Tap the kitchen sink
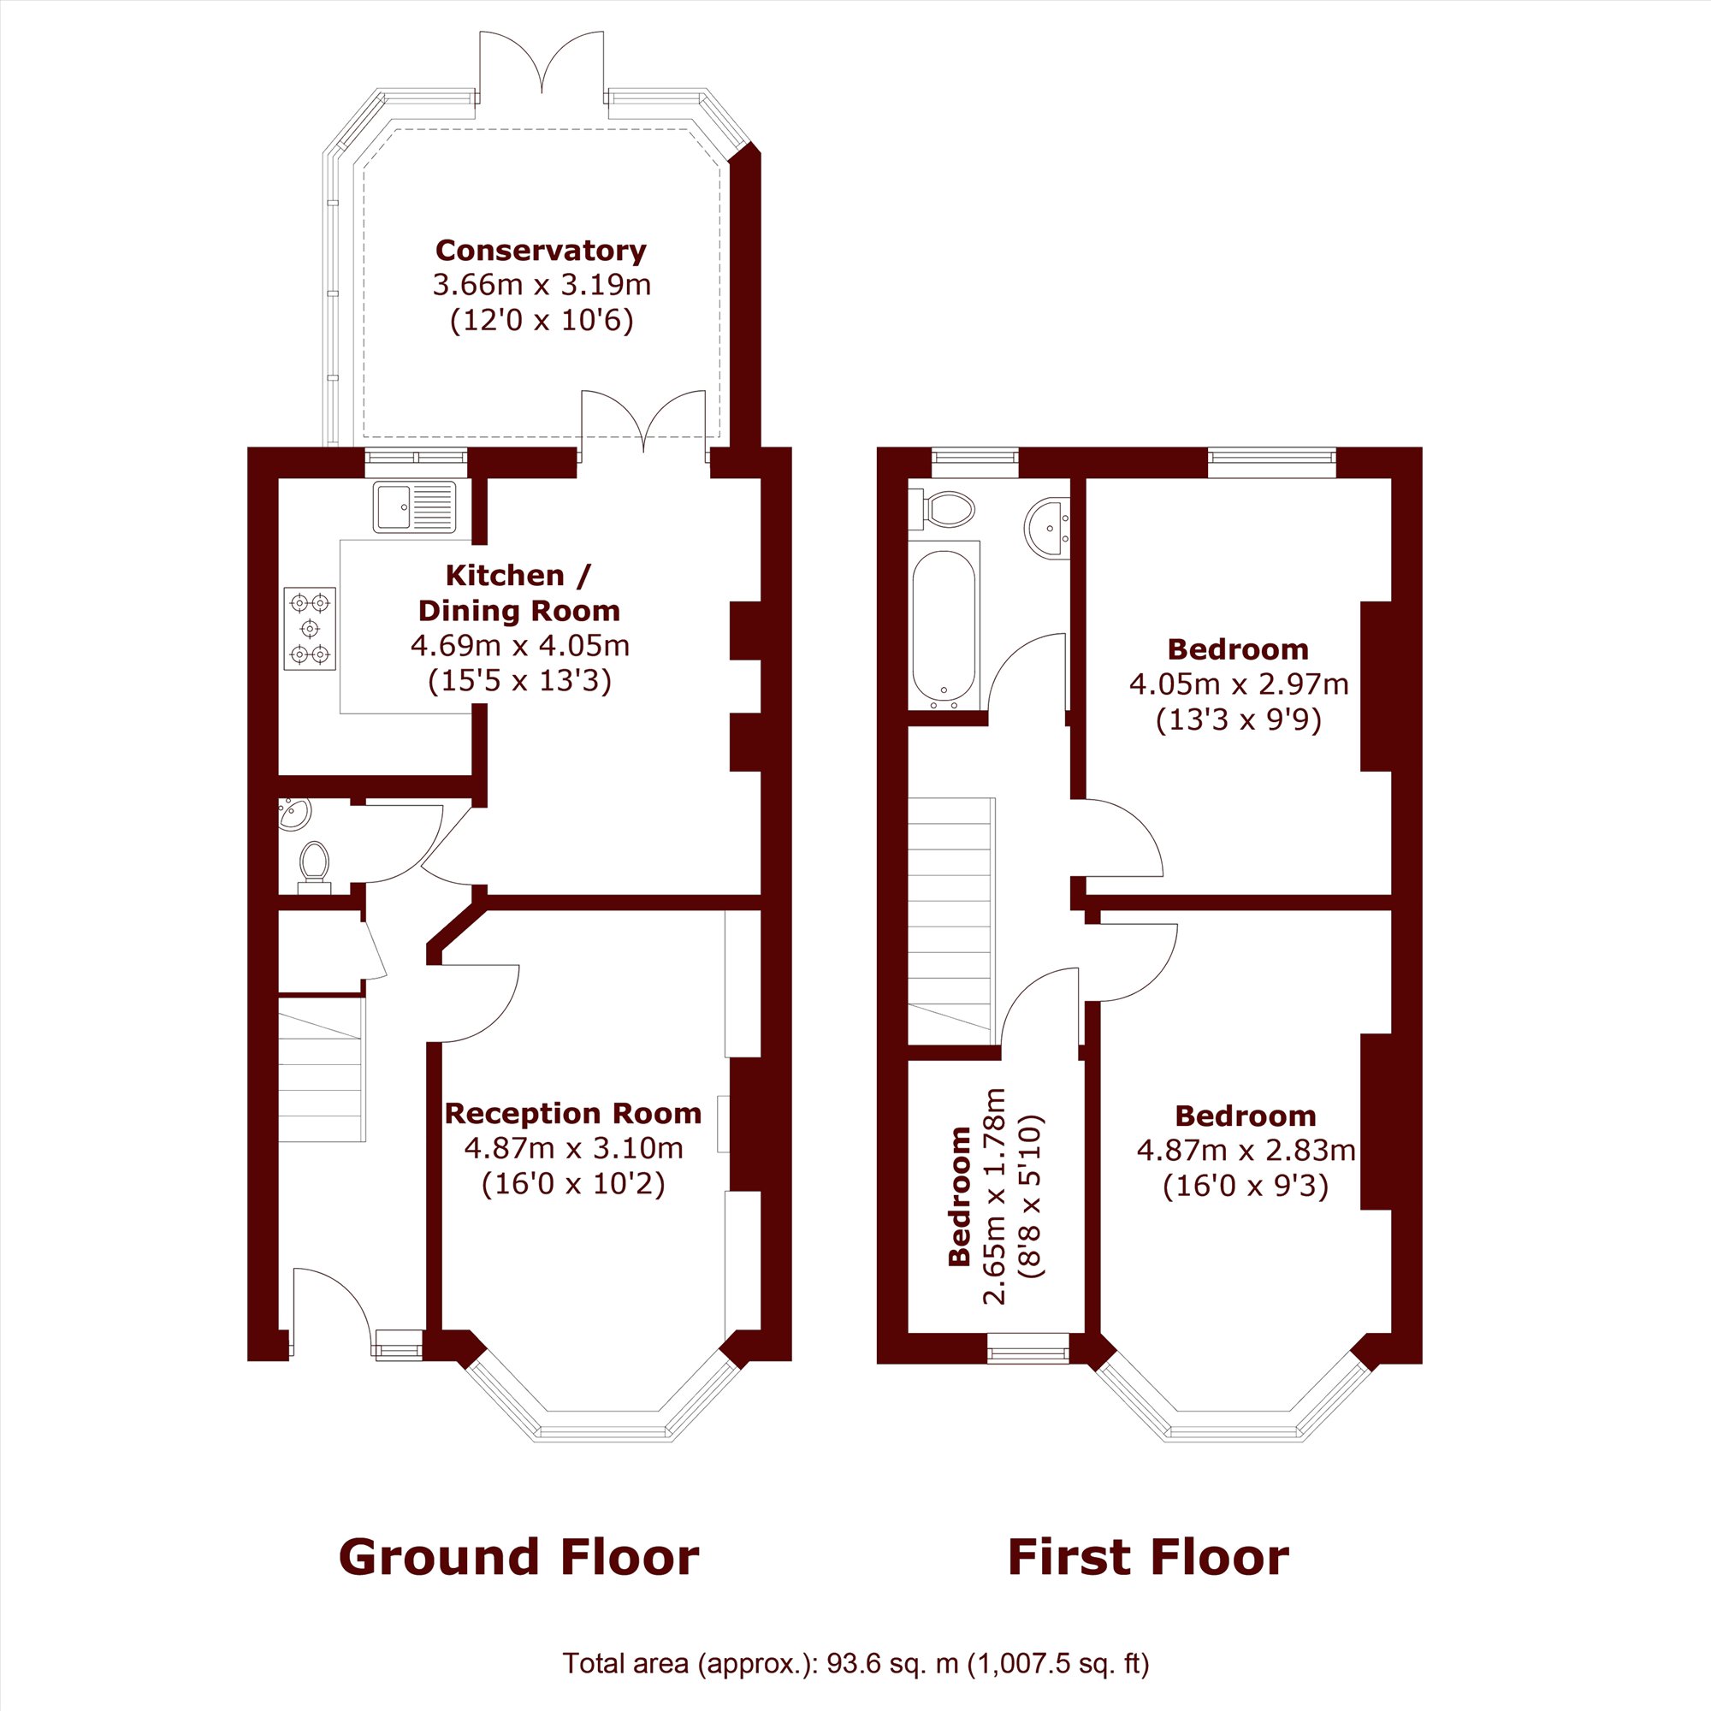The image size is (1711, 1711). coord(414,506)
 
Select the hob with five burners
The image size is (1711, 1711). coord(310,629)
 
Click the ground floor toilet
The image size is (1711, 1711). coord(313,866)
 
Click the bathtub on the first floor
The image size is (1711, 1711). coord(944,625)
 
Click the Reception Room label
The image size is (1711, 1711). coord(572,1113)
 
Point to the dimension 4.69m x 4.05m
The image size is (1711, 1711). coord(520,646)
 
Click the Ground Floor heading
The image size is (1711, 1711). coord(519,1558)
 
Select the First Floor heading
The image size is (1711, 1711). coord(1149,1558)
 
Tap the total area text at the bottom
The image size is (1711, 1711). coord(855,1664)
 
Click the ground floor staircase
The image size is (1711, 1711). coord(322,1069)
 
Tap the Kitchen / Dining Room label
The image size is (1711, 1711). coord(519,594)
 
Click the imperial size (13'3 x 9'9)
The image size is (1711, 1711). coord(1238,720)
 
